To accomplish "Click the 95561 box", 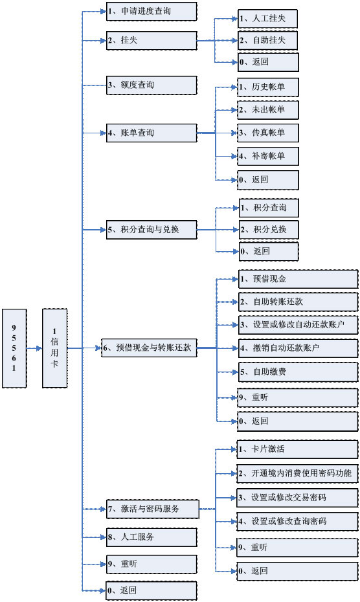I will [x=14, y=348].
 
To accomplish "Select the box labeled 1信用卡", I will [x=54, y=348].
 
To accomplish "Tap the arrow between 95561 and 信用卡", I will [x=34, y=348].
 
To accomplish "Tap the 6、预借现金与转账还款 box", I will [x=150, y=348].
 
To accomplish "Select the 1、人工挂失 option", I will [x=268, y=19].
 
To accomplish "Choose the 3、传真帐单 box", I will [x=268, y=133].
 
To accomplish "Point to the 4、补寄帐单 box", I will [x=268, y=156].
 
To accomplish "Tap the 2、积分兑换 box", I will [x=268, y=229].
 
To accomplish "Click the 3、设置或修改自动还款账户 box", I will [x=297, y=324].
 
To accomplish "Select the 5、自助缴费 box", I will [x=297, y=372].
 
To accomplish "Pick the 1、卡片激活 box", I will [x=297, y=449].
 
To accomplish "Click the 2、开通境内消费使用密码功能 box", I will [x=297, y=473].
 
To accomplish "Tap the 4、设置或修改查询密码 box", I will [x=297, y=521].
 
